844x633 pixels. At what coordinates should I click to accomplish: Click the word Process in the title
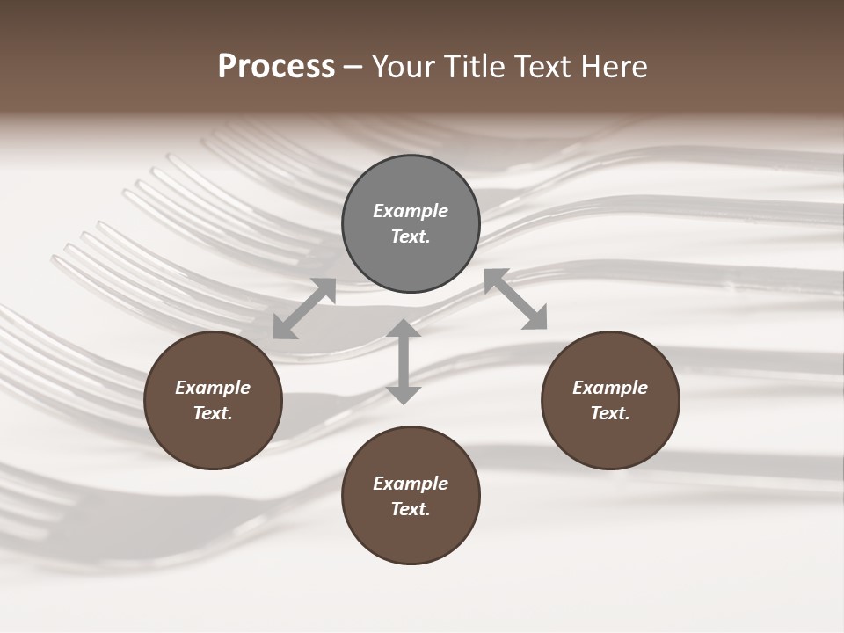point(276,67)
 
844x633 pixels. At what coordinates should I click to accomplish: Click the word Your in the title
point(404,67)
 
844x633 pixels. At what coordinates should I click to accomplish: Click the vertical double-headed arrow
point(404,361)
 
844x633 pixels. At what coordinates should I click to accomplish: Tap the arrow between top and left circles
point(304,309)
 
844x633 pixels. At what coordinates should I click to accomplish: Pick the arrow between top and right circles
point(516,299)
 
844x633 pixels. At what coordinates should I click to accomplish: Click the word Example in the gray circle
point(411,211)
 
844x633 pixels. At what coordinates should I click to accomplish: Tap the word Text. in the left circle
point(213,413)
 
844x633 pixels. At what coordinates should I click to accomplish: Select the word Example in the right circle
point(610,388)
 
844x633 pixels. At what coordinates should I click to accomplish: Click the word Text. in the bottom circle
point(411,509)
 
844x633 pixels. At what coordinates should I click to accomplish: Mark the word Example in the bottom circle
point(411,484)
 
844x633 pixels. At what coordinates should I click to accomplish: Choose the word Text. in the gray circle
point(411,236)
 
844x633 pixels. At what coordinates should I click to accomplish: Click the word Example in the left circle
point(213,388)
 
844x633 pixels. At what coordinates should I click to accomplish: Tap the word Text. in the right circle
point(610,413)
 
